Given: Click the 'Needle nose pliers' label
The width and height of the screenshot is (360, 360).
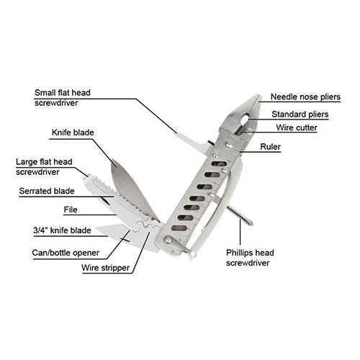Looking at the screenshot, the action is pyautogui.click(x=305, y=97).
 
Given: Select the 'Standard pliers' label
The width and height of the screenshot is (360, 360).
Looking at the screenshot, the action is pyautogui.click(x=300, y=114).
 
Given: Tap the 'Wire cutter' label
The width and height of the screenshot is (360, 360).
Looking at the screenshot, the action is pyautogui.click(x=297, y=127).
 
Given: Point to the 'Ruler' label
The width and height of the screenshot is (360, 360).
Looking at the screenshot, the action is pyautogui.click(x=271, y=147).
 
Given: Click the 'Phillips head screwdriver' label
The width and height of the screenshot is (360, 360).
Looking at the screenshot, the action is pyautogui.click(x=250, y=258).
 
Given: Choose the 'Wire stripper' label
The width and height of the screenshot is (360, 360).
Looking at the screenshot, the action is pyautogui.click(x=105, y=268).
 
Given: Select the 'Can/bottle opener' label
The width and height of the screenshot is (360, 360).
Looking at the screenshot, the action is pyautogui.click(x=66, y=253).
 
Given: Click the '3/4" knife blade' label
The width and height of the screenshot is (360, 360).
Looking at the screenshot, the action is pyautogui.click(x=62, y=230).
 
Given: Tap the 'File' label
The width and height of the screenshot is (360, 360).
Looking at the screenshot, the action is pyautogui.click(x=71, y=210).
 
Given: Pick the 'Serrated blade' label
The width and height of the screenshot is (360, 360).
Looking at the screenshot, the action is pyautogui.click(x=47, y=191).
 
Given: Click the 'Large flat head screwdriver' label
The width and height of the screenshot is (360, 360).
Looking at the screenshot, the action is pyautogui.click(x=44, y=167).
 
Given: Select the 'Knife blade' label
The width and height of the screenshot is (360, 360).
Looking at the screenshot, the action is pyautogui.click(x=73, y=132).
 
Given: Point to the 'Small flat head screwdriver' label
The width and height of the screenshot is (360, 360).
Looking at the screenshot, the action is pyautogui.click(x=63, y=98).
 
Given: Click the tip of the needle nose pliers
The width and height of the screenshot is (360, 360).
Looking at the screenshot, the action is pyautogui.click(x=258, y=95).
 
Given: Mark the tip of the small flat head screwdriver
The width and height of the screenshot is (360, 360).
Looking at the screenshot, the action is pyautogui.click(x=176, y=133).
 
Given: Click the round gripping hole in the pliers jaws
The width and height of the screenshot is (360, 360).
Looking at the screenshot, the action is pyautogui.click(x=245, y=119).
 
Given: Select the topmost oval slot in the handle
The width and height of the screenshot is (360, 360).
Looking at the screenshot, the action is pyautogui.click(x=219, y=164).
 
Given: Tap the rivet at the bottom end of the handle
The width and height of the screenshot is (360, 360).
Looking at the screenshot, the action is pyautogui.click(x=168, y=240).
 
